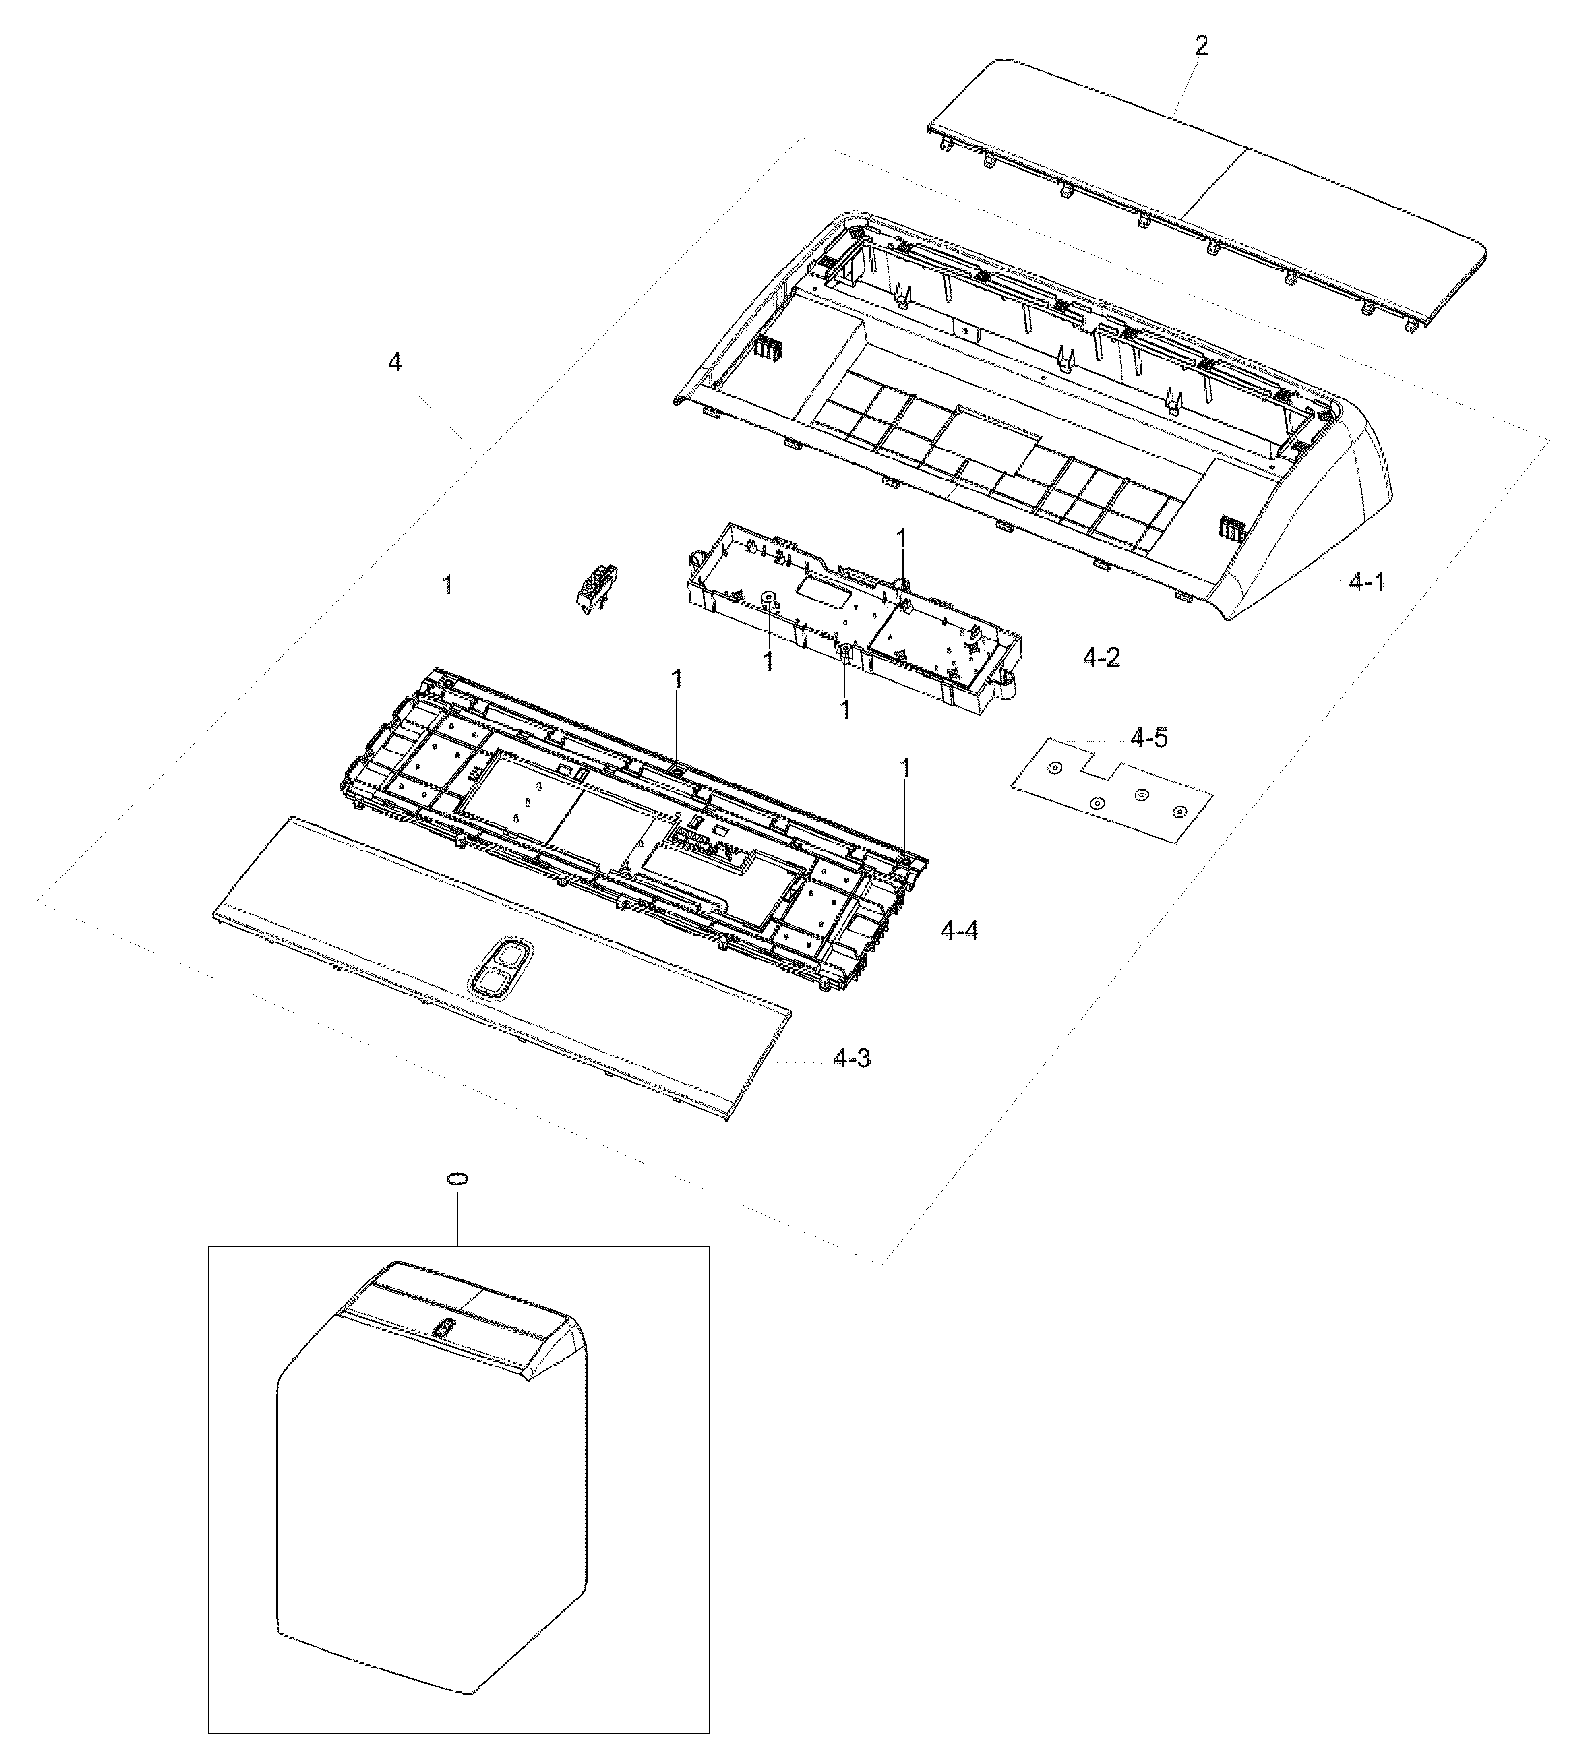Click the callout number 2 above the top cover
tap(1200, 46)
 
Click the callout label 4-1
tap(1368, 583)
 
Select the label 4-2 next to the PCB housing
tap(1101, 658)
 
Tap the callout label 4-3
tap(852, 1058)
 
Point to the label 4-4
tap(960, 931)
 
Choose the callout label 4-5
tap(1149, 738)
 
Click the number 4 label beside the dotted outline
tap(395, 363)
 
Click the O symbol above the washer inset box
tap(457, 1180)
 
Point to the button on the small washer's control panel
tap(445, 1328)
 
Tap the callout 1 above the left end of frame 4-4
tap(447, 586)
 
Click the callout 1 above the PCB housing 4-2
tap(901, 538)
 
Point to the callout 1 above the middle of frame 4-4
tap(677, 679)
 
